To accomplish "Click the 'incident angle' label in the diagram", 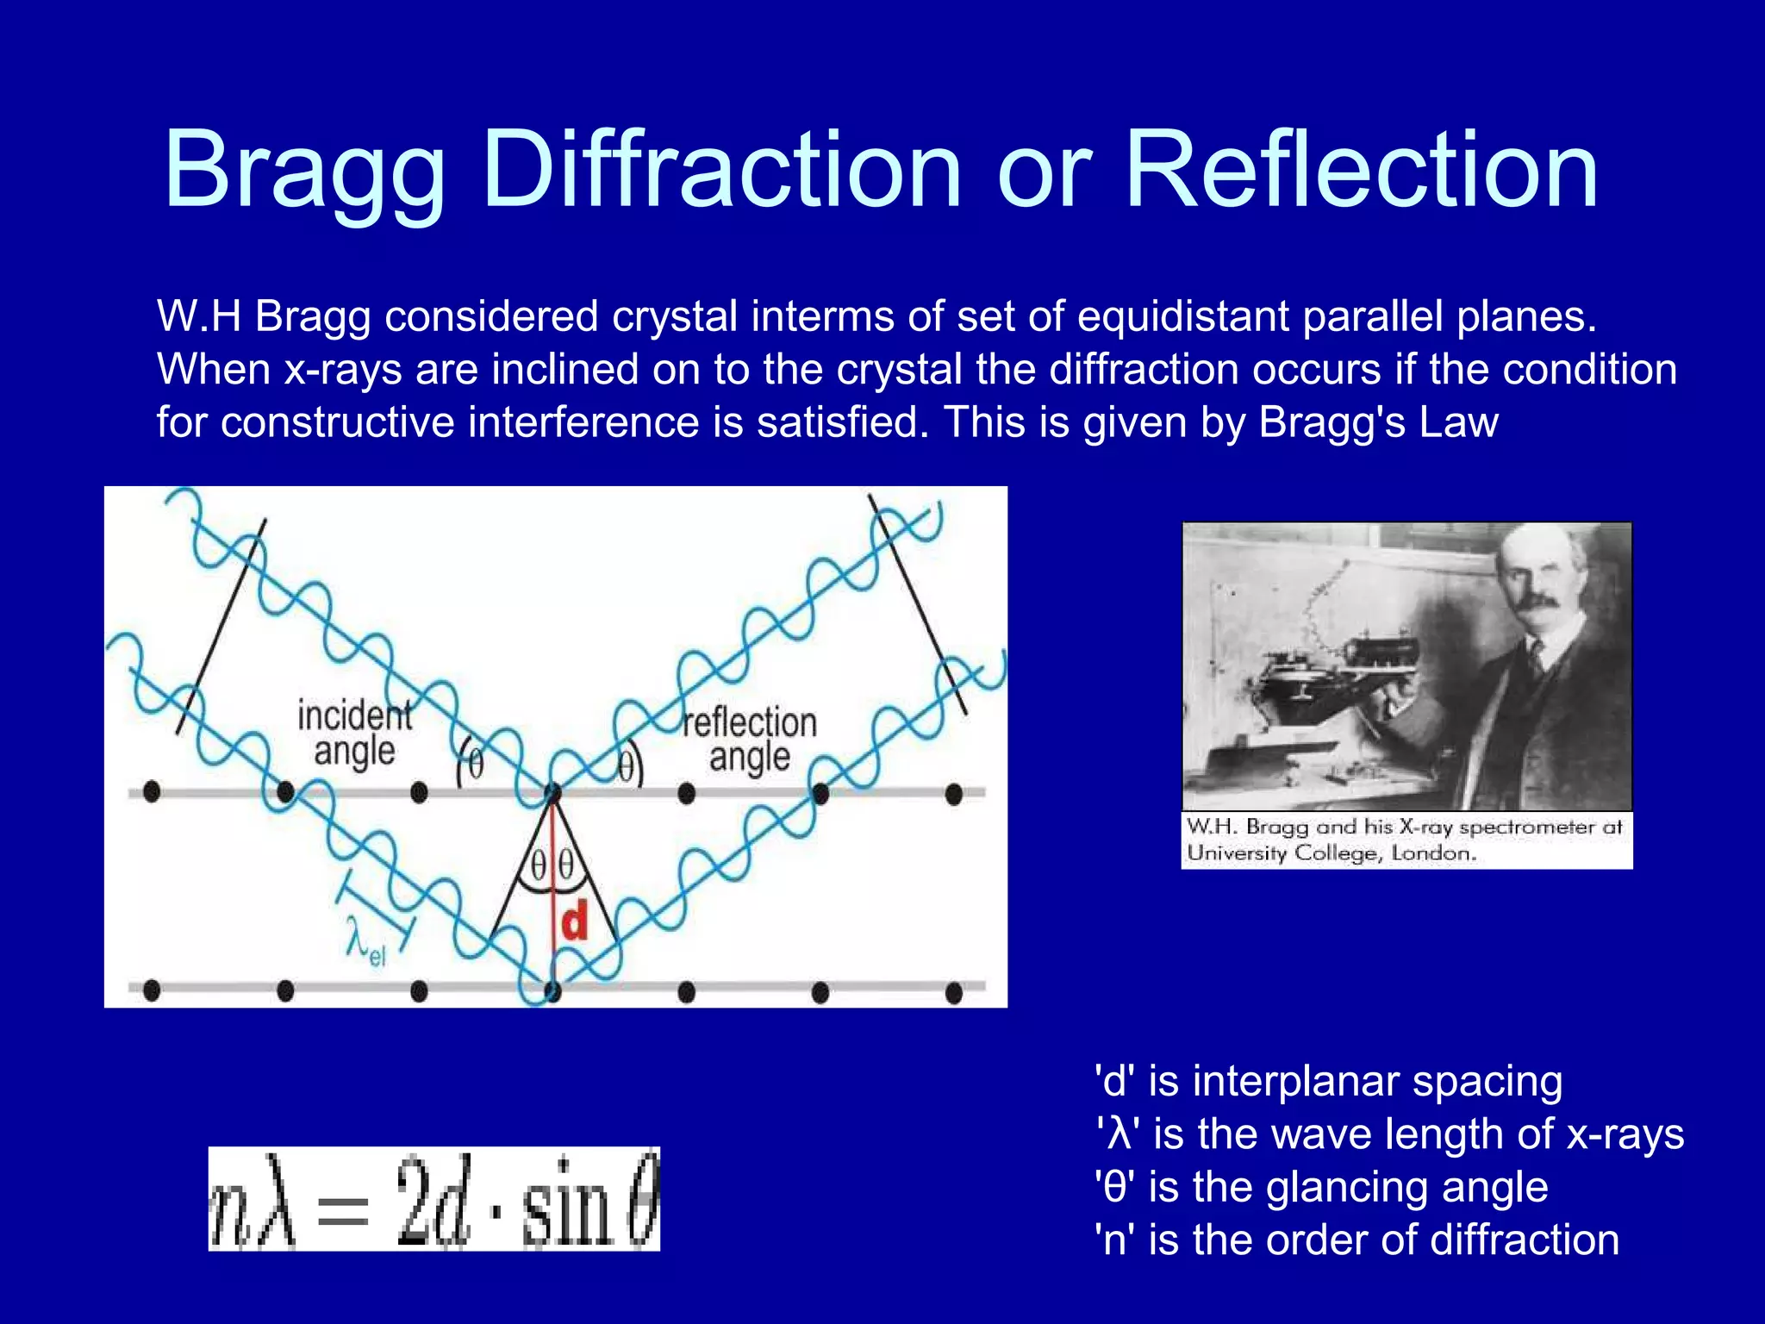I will click(354, 733).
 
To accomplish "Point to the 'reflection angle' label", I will click(749, 740).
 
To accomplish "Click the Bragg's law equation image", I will click(433, 1199).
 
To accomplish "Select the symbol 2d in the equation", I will click(433, 1199).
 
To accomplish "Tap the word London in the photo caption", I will click(1433, 853).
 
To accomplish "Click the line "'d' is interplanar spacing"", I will click(1328, 1081).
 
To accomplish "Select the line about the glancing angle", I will click(1321, 1187).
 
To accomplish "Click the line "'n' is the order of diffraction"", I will click(1356, 1240).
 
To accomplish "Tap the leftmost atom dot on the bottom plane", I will click(152, 990).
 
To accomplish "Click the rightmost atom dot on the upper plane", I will click(953, 792).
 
